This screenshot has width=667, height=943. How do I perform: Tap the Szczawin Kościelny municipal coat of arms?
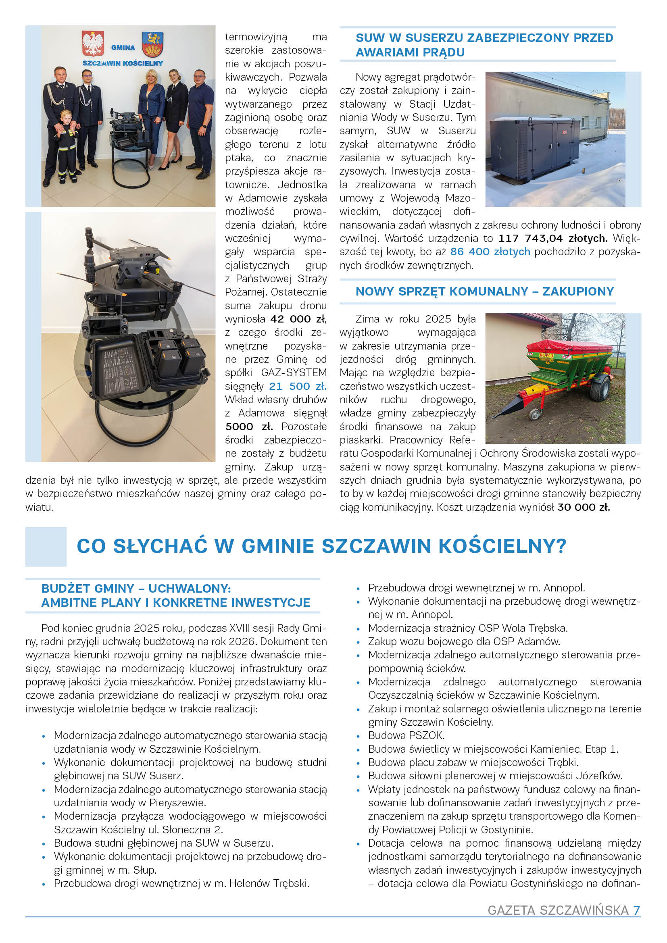[153, 44]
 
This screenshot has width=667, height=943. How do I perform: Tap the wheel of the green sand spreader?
[601, 388]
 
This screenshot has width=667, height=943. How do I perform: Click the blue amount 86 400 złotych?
[490, 252]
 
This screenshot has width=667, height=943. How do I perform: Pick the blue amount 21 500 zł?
[298, 386]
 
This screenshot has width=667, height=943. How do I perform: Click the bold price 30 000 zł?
[583, 507]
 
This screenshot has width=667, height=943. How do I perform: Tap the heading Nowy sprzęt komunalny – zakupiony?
[485, 291]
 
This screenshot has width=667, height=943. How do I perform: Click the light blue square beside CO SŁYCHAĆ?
[46, 546]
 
